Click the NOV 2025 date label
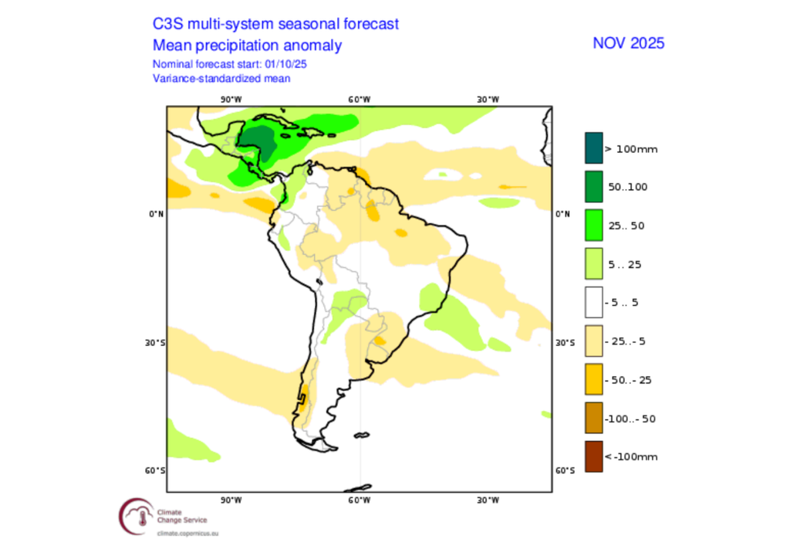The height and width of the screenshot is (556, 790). point(628,42)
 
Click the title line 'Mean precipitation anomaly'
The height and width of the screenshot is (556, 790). point(247,46)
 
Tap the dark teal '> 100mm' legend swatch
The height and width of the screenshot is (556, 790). point(592,148)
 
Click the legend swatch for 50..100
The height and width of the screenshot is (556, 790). point(592,187)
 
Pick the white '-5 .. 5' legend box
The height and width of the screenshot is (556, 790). point(592,303)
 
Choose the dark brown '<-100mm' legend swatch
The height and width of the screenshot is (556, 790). point(592,456)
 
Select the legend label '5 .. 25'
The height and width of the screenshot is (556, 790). point(626,264)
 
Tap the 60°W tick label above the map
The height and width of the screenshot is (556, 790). point(359,99)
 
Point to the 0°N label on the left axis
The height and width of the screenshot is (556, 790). point(156,214)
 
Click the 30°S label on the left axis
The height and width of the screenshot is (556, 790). point(156,342)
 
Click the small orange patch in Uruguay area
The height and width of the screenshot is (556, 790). point(380,340)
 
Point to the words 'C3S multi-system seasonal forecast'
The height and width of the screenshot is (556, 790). point(275,24)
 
